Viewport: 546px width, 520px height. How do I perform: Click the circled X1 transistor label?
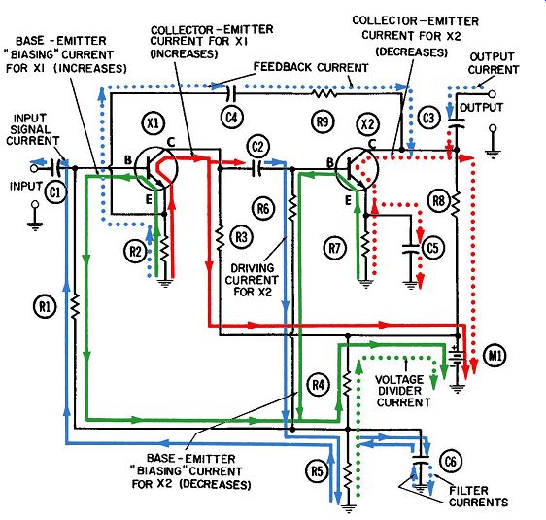pyautogui.click(x=154, y=122)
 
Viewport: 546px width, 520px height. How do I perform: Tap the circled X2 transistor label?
pyautogui.click(x=368, y=124)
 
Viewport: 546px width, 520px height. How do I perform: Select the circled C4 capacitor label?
pyautogui.click(x=231, y=117)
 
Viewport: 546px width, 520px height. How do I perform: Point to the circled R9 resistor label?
pyautogui.click(x=323, y=121)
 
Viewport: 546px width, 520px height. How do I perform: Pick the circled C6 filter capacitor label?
pyautogui.click(x=451, y=461)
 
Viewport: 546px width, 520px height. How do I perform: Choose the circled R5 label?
pyautogui.click(x=318, y=471)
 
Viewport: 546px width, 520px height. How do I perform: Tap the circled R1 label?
pyautogui.click(x=45, y=307)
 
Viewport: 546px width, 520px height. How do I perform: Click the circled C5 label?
pyautogui.click(x=432, y=248)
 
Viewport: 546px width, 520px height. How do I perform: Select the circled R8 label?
pyautogui.click(x=439, y=200)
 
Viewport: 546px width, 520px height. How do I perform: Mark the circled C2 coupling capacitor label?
pyautogui.click(x=257, y=147)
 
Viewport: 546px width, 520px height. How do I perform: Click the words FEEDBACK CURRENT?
pyautogui.click(x=311, y=68)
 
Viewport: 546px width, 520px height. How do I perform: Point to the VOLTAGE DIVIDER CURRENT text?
pyautogui.click(x=403, y=391)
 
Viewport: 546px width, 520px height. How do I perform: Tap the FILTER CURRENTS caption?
pyautogui.click(x=478, y=497)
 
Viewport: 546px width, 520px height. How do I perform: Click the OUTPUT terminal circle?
pyautogui.click(x=492, y=94)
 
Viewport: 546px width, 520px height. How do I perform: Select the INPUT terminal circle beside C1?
pyautogui.click(x=34, y=168)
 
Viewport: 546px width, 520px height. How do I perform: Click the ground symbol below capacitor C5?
pyautogui.click(x=411, y=285)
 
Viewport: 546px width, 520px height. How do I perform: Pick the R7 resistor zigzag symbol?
pyautogui.click(x=365, y=245)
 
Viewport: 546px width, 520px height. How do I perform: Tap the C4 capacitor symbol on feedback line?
pyautogui.click(x=231, y=92)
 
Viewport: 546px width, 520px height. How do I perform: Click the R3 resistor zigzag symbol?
pyautogui.click(x=220, y=238)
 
